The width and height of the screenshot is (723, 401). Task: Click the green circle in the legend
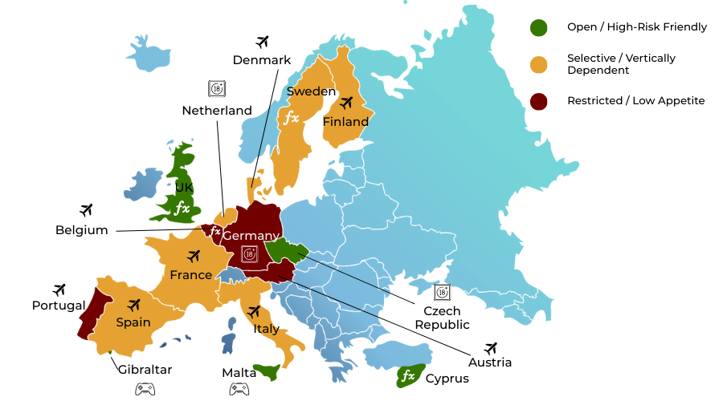pos(538,27)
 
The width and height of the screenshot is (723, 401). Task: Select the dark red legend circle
pos(538,101)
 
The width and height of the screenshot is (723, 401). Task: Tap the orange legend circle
pos(538,64)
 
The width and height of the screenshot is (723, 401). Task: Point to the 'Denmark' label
pos(262,60)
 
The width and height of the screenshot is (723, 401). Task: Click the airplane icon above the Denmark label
pos(262,41)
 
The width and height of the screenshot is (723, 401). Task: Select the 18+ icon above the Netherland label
pos(216,88)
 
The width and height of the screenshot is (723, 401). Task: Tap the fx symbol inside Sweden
pos(291,118)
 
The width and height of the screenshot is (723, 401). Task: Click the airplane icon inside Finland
pos(346,103)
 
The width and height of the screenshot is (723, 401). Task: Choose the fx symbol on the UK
pos(182,208)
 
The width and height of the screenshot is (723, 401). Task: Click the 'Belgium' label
pos(81,230)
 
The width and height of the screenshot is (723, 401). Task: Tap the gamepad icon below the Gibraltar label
pos(145,389)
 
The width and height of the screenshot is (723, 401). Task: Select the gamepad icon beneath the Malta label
pos(239,389)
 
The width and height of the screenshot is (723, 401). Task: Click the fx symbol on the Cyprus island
pos(408,375)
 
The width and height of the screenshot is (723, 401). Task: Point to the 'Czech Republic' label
pos(442,318)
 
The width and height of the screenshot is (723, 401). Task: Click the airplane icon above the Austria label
pos(491,348)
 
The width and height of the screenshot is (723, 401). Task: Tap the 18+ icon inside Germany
pos(248,254)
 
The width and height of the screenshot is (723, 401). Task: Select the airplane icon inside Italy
pos(254,311)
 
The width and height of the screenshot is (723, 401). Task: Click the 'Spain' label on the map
pos(133,322)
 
